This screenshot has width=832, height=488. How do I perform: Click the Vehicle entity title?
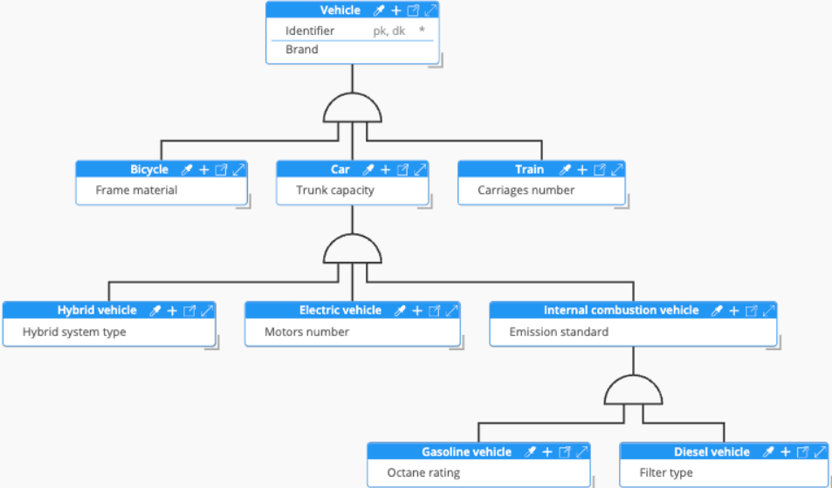pyautogui.click(x=340, y=10)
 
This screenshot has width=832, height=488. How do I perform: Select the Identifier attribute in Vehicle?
pyautogui.click(x=310, y=31)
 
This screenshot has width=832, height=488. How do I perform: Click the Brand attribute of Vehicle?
pyautogui.click(x=302, y=50)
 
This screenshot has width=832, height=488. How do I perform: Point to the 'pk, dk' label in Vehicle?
pyautogui.click(x=389, y=31)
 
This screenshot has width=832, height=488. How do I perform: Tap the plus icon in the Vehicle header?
pyautogui.click(x=395, y=10)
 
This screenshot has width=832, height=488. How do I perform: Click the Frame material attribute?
pyautogui.click(x=136, y=190)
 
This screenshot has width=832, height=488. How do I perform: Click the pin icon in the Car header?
pyautogui.click(x=368, y=169)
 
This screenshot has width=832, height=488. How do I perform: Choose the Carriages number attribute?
pyautogui.click(x=526, y=190)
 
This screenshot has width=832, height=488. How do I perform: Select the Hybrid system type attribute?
pyautogui.click(x=74, y=332)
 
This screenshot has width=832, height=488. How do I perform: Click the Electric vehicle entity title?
pyautogui.click(x=340, y=310)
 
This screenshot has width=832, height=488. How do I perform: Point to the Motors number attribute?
pyautogui.click(x=306, y=332)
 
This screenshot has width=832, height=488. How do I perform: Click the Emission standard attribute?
pyautogui.click(x=559, y=332)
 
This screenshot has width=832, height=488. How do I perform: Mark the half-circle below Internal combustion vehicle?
pyautogui.click(x=635, y=389)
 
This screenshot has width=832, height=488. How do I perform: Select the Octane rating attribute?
pyautogui.click(x=423, y=473)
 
